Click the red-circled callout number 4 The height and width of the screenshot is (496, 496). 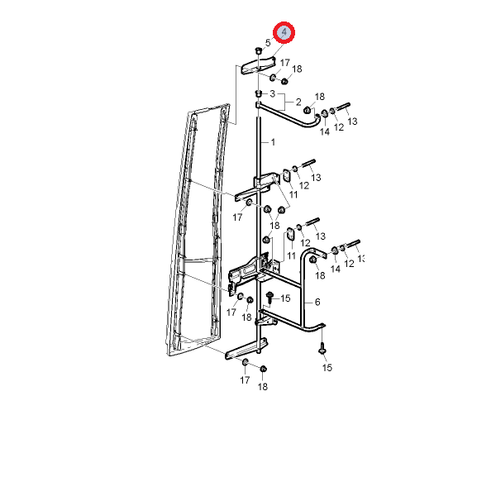point(284,32)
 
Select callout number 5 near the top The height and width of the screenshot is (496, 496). point(268,42)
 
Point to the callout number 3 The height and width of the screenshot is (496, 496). point(272,93)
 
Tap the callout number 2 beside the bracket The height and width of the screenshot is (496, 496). point(298,102)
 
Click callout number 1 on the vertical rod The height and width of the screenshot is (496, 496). point(273,142)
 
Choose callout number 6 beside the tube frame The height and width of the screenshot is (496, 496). point(317,302)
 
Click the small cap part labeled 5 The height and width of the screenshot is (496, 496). point(258,50)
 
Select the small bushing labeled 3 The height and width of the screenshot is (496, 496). point(259,93)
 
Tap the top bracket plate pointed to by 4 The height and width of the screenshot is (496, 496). point(258,65)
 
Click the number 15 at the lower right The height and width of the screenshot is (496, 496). point(327,368)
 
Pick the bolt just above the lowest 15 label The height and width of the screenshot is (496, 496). point(322,348)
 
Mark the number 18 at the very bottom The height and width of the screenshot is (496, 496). point(263,387)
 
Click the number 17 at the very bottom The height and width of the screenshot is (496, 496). point(245,380)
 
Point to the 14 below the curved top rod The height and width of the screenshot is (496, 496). point(325,131)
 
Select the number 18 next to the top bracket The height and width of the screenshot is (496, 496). point(297,69)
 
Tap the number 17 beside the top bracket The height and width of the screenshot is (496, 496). point(284,63)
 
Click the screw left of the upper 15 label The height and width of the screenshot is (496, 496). point(269,298)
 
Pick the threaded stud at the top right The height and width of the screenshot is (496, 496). point(342,107)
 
